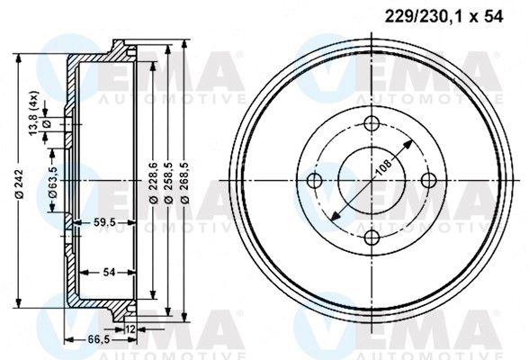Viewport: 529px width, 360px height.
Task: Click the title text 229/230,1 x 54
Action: (x=444, y=16)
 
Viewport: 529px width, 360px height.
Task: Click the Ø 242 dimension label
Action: (x=20, y=184)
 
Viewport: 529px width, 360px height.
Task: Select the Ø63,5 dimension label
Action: (x=53, y=182)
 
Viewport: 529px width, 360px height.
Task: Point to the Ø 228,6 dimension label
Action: (x=154, y=183)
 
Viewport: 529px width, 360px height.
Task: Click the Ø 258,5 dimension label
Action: (x=169, y=183)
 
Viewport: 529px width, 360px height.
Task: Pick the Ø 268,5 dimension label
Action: (x=185, y=183)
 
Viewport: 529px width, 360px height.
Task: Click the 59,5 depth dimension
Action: (x=104, y=222)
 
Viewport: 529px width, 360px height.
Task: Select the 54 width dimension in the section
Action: (x=109, y=272)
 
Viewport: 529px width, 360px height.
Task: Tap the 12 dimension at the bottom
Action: (x=130, y=329)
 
